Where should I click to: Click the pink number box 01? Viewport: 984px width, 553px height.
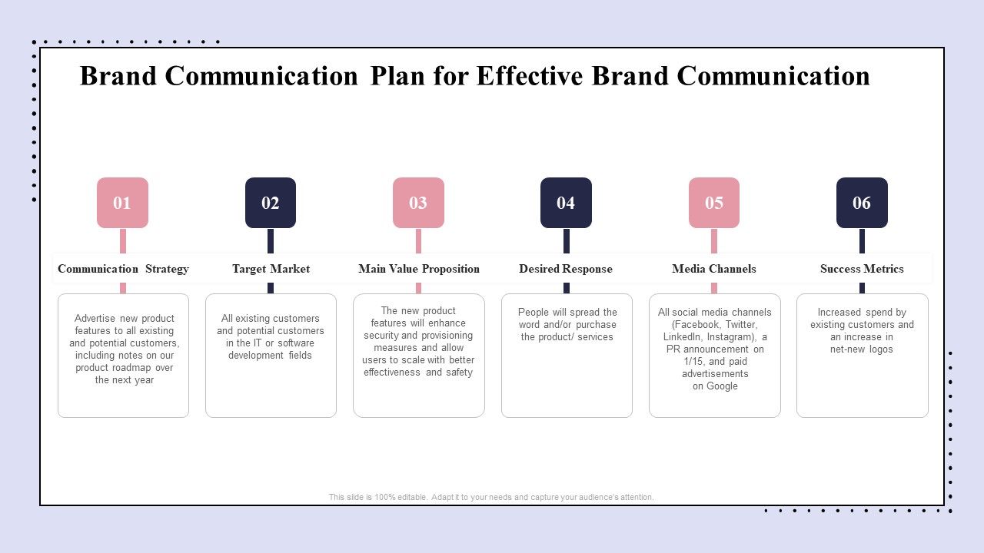[122, 203]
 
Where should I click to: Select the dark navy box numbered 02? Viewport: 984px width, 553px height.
[271, 203]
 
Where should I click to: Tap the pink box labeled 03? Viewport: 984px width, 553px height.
[418, 203]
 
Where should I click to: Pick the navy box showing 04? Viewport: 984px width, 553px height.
[566, 203]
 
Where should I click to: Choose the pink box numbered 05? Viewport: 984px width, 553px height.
[714, 203]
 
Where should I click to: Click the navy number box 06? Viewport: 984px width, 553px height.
[862, 203]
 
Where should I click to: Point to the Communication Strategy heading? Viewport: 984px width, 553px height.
[123, 269]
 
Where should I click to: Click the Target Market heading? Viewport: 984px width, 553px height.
[271, 269]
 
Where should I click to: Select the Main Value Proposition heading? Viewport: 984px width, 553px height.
[418, 269]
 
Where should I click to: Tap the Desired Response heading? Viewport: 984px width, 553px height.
[566, 269]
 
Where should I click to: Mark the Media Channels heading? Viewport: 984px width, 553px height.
[714, 269]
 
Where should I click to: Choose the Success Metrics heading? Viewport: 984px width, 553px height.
[862, 269]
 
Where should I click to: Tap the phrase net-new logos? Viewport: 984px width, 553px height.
[862, 349]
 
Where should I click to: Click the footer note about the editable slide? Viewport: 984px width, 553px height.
[491, 497]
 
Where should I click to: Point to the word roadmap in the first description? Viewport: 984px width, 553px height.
[132, 368]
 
